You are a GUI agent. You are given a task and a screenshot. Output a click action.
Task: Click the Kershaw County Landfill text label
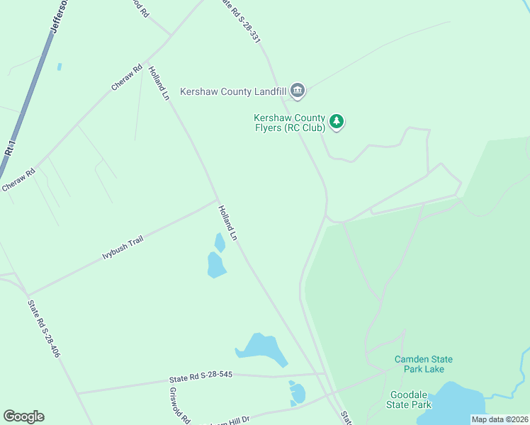(x=233, y=91)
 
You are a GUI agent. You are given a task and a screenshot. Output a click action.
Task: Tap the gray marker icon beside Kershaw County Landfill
(x=298, y=91)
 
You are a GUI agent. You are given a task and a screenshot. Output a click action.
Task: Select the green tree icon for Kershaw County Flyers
(x=337, y=122)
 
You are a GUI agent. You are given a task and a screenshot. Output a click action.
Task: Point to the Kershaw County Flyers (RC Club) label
(x=289, y=123)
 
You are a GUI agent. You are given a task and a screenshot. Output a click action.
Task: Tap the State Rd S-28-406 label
(x=44, y=329)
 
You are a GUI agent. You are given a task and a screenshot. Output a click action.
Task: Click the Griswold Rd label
(x=180, y=405)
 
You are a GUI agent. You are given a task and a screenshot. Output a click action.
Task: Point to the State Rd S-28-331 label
(x=239, y=22)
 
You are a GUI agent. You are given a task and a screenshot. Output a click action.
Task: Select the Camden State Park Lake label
(x=424, y=364)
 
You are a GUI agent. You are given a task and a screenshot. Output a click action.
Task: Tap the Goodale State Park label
(x=409, y=399)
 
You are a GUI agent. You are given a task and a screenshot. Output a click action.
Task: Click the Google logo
(x=23, y=416)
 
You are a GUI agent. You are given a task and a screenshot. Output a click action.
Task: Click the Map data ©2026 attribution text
(x=500, y=419)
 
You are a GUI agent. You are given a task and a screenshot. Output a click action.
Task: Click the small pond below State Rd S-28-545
(x=297, y=393)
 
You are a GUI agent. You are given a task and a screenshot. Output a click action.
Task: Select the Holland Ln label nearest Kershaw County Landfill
(x=159, y=82)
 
